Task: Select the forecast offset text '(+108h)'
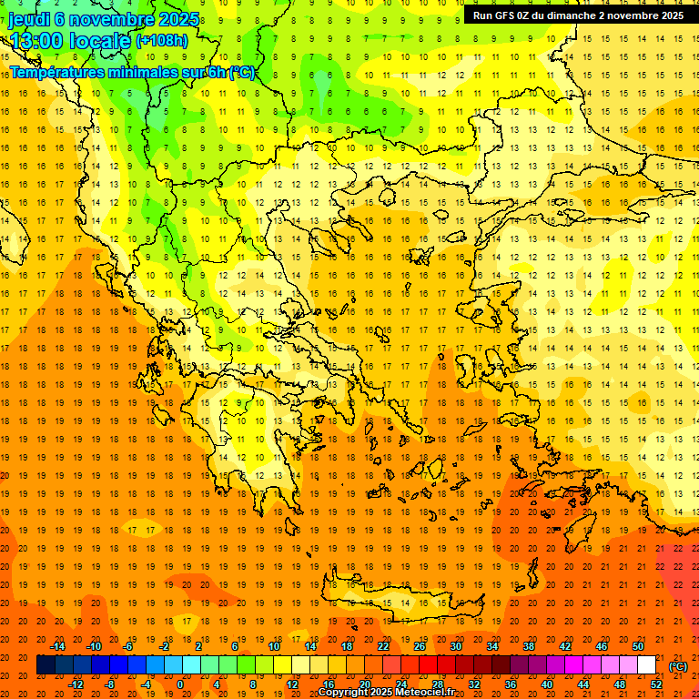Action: [x=162, y=41]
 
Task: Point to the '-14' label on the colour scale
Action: [x=58, y=646]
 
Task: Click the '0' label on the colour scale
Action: [x=180, y=684]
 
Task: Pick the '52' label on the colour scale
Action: [x=656, y=684]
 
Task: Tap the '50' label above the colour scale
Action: [x=638, y=646]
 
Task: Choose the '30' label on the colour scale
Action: [x=455, y=646]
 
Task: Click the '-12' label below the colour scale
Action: [x=76, y=684]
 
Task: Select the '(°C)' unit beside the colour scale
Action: [x=678, y=666]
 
